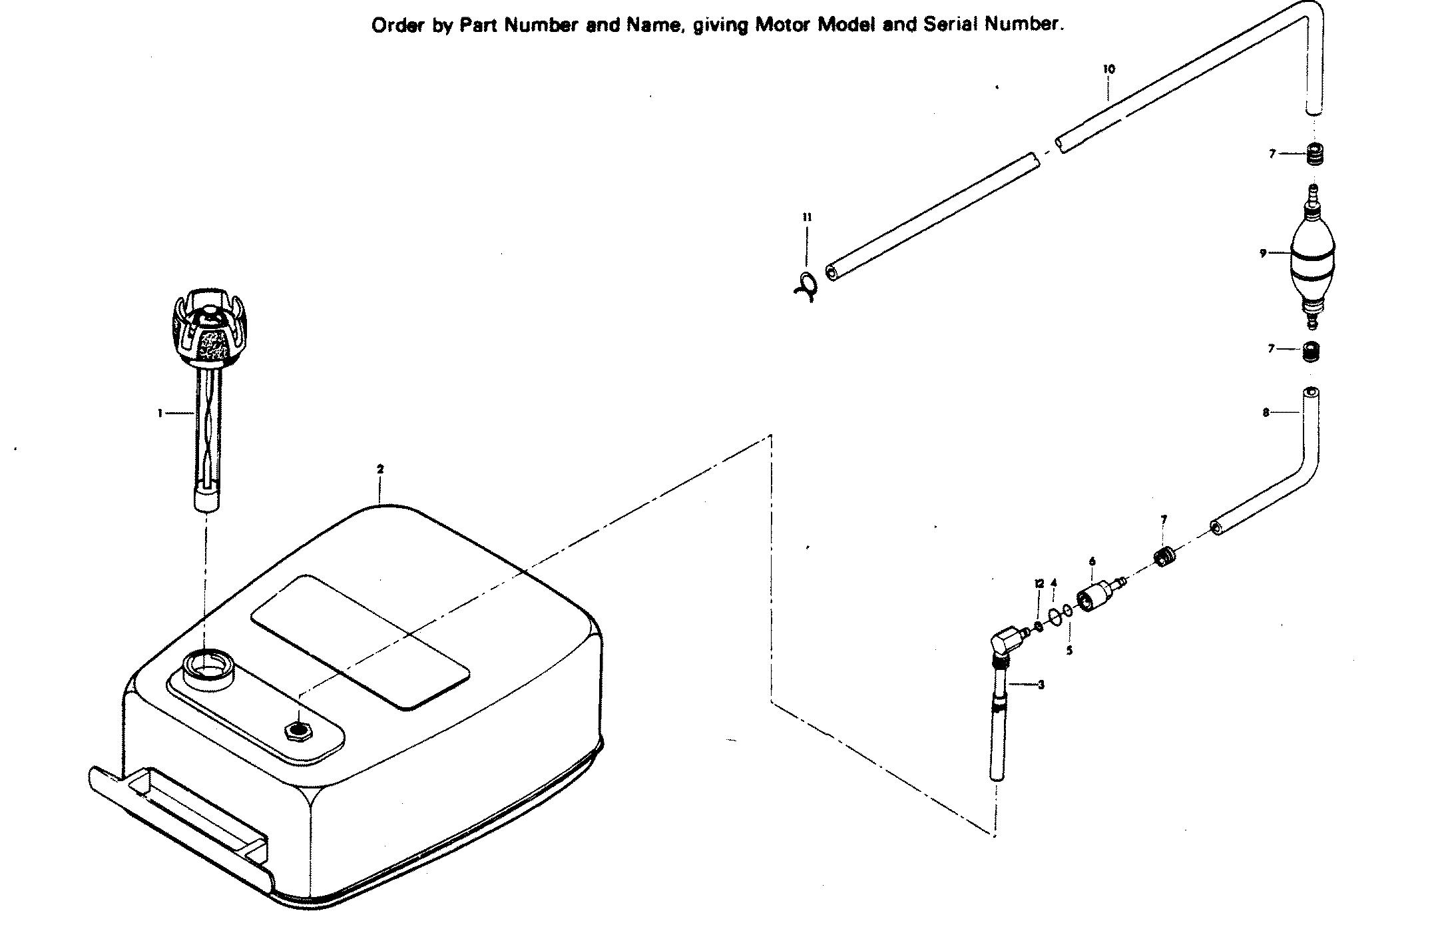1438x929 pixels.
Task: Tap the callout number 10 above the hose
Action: pos(1108,69)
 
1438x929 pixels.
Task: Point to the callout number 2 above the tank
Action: pos(380,469)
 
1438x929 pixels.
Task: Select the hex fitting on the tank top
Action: pos(300,729)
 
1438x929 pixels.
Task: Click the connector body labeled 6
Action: pos(1094,597)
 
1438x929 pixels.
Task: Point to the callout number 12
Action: pos(1038,584)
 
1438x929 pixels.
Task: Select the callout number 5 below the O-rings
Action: pos(1069,651)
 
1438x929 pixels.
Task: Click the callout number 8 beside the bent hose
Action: pos(1266,413)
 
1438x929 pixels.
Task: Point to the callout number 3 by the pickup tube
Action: pos(1041,685)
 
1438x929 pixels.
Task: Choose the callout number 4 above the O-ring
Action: pos(1053,583)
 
